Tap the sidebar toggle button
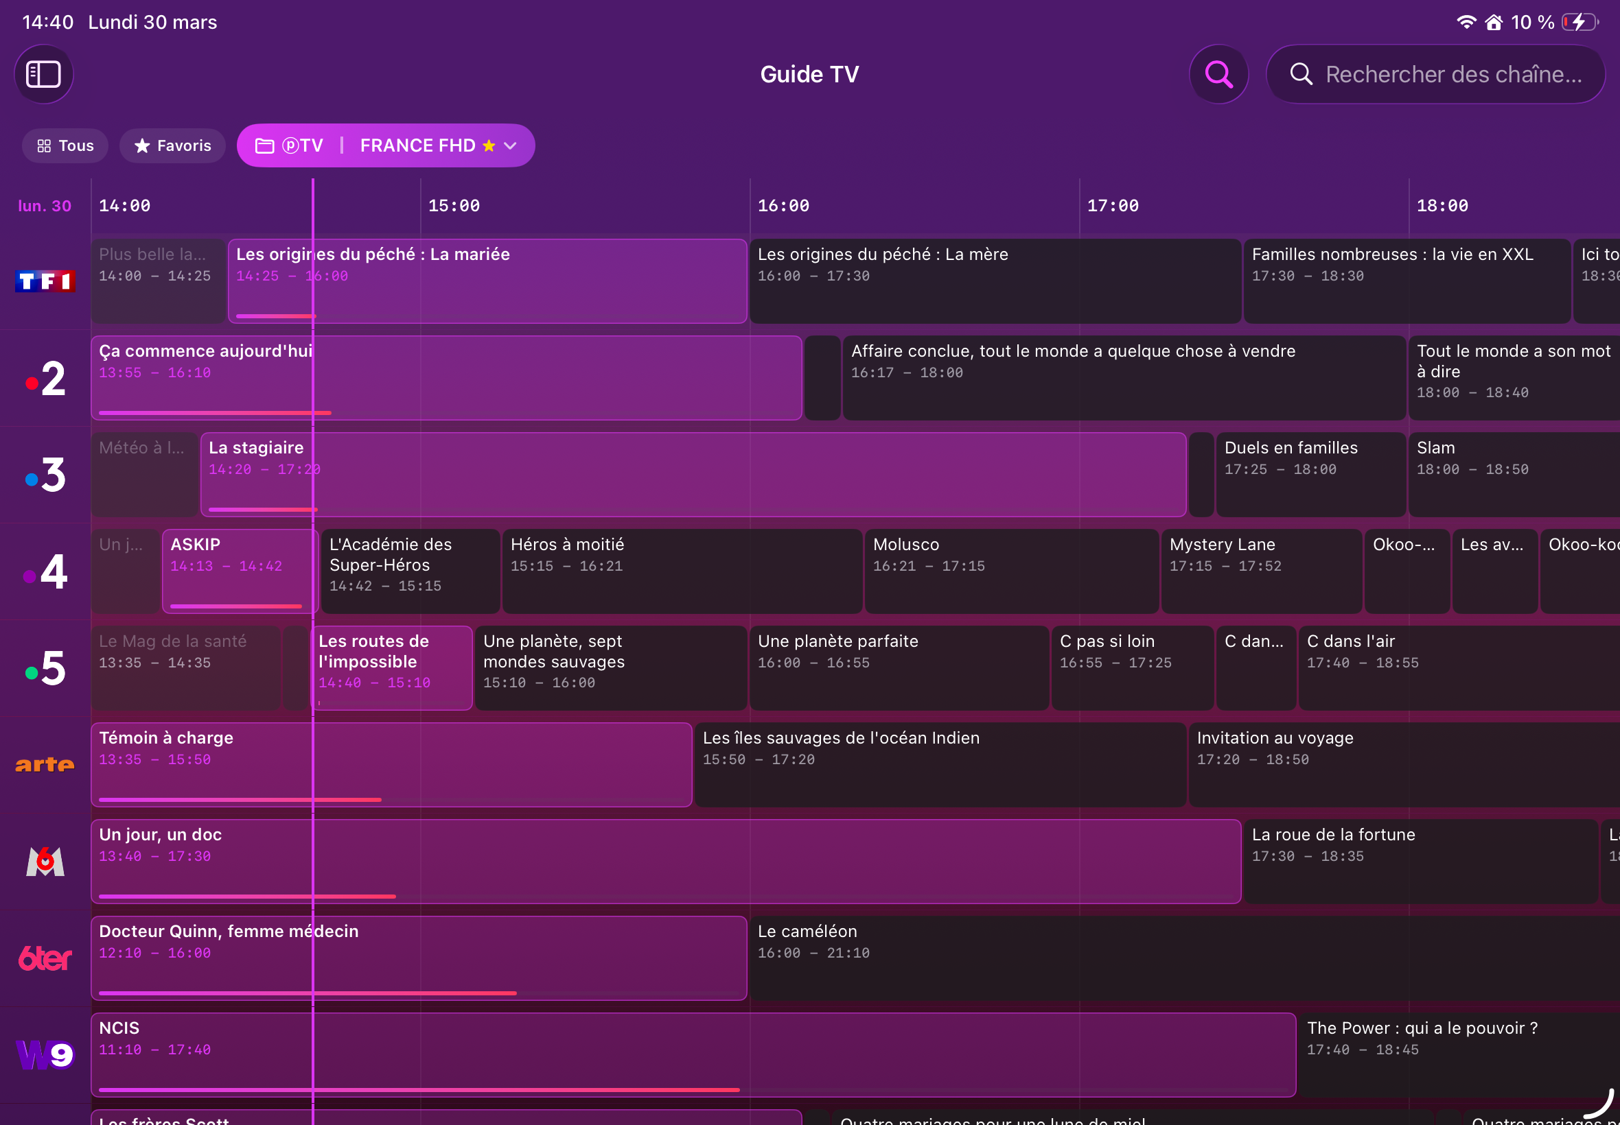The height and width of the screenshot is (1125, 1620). [x=44, y=74]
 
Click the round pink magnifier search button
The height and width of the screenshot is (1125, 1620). [x=1218, y=74]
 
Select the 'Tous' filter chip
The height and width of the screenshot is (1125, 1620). [x=65, y=146]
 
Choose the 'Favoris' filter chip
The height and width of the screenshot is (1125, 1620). [x=173, y=146]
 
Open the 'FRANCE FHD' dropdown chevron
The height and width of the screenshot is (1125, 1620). [x=511, y=146]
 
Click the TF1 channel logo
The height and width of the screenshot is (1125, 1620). [x=45, y=281]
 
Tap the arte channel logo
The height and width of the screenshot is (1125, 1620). [x=45, y=765]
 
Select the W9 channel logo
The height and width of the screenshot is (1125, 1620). [x=45, y=1054]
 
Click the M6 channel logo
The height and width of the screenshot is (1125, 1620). [x=45, y=862]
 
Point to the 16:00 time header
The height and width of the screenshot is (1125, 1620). [x=783, y=206]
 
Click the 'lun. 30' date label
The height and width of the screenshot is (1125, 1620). [x=45, y=206]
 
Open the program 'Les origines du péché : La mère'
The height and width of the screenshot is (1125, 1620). [x=995, y=281]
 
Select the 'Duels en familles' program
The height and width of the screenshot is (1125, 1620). [x=1310, y=475]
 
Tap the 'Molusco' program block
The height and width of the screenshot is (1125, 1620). [x=1010, y=571]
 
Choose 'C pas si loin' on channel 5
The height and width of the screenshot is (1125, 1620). [x=1131, y=667]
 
